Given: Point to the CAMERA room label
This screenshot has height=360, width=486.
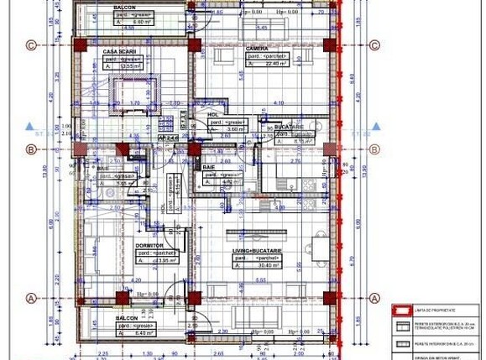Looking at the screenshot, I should [x=256, y=50].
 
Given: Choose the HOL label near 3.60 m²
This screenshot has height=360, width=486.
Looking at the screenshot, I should [x=212, y=114].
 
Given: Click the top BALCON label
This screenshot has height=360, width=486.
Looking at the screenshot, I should [x=127, y=7].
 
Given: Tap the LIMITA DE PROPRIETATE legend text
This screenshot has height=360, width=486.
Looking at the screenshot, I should [x=433, y=310].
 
